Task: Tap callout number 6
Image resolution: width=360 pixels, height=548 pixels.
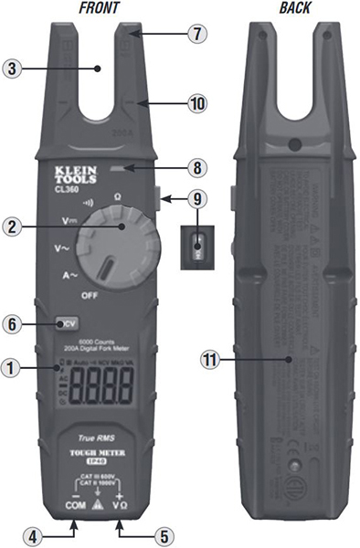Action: (x=13, y=323)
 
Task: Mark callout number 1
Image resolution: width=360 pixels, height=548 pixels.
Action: (x=13, y=369)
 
